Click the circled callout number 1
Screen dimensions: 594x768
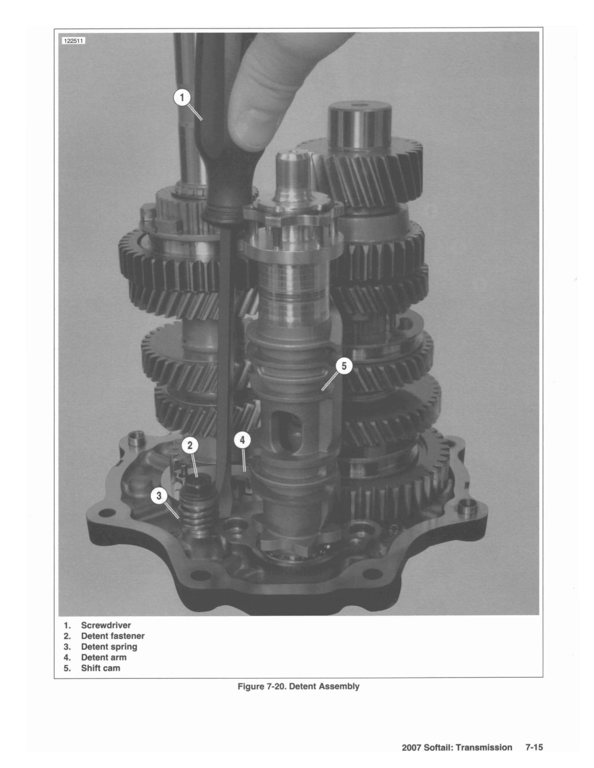[182, 98]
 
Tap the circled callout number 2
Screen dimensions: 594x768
[190, 446]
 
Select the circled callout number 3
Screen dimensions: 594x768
[159, 496]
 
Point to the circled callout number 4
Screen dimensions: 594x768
[242, 440]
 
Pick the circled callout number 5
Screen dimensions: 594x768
[344, 366]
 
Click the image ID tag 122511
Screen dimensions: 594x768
[74, 41]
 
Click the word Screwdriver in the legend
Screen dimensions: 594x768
[106, 625]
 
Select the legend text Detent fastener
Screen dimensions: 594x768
[113, 636]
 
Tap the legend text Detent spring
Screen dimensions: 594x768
[109, 647]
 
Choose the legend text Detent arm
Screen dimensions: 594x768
[103, 657]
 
